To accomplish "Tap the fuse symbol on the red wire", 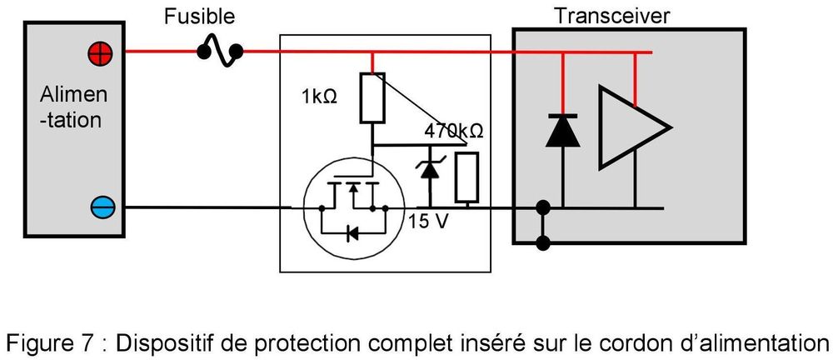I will [x=220, y=52].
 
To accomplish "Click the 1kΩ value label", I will [x=319, y=97].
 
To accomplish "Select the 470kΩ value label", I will [x=454, y=132].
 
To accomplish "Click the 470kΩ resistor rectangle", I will [x=466, y=177].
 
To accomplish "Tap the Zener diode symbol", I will [x=429, y=168].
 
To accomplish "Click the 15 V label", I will [x=427, y=223].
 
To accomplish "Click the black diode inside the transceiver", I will [x=563, y=132].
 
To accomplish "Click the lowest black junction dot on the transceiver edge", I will [x=545, y=243].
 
